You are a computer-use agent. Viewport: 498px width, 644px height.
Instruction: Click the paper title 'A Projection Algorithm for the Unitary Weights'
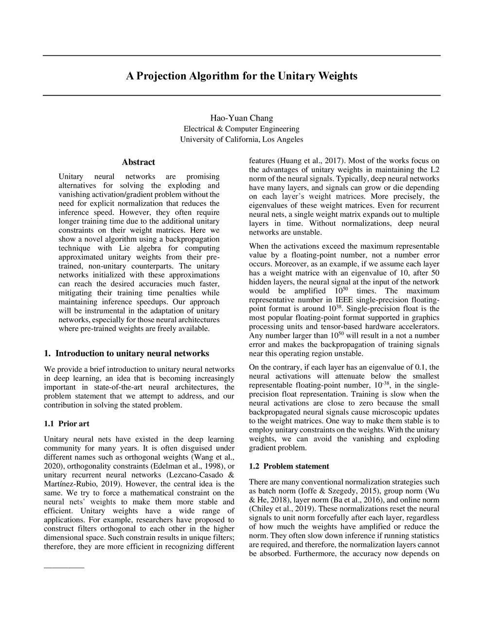(242, 76)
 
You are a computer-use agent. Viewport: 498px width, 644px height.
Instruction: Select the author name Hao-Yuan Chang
(242, 118)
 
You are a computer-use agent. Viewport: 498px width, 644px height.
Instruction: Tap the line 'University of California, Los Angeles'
(242, 139)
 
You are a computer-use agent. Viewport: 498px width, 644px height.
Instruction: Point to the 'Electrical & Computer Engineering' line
(242, 129)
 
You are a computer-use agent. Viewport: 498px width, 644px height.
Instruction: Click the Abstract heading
(139, 162)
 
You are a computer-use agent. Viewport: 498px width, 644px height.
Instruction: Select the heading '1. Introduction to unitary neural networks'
(126, 353)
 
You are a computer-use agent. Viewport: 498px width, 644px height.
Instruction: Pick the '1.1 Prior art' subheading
(67, 424)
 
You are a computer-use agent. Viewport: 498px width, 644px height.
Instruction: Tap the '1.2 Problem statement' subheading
(289, 467)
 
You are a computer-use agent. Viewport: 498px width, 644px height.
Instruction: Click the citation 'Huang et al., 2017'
(311, 161)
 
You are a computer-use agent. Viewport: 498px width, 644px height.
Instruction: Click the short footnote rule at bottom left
(64, 568)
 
